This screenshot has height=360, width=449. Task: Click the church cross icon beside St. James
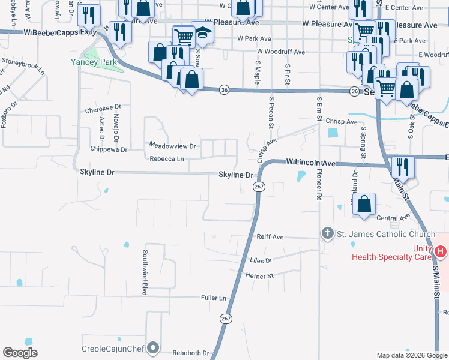[x=327, y=233]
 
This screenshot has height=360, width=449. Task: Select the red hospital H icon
[x=442, y=251]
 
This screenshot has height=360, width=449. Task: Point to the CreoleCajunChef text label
[x=113, y=348]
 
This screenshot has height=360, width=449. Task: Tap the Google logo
[x=20, y=353]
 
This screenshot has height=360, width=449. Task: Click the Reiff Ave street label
[x=270, y=237]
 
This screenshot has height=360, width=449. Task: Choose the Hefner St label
[x=259, y=275]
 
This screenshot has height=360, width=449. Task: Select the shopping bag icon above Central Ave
[x=364, y=204]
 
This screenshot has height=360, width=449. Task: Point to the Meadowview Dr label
[x=173, y=146]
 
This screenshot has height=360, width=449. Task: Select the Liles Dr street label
[x=260, y=260]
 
